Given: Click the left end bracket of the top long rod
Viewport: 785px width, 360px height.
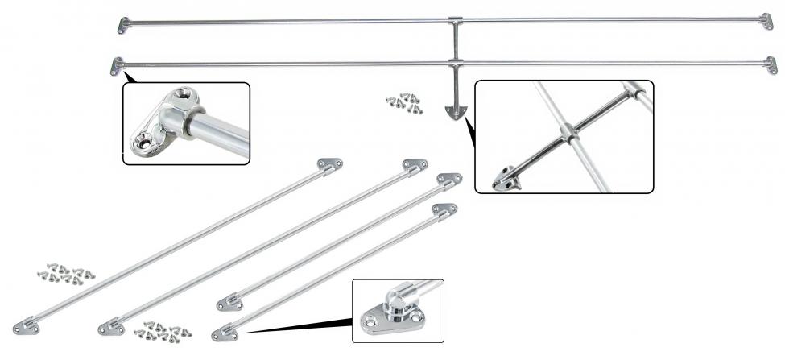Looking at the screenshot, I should (x=123, y=25).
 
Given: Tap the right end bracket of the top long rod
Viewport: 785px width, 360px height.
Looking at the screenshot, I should (x=767, y=21).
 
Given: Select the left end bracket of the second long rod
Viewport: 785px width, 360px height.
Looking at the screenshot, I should (x=117, y=66).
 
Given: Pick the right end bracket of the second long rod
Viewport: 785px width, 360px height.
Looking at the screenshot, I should (x=771, y=65).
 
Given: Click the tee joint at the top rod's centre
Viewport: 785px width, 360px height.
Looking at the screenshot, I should (x=455, y=20).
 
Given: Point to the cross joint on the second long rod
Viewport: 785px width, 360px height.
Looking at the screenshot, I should (x=455, y=62).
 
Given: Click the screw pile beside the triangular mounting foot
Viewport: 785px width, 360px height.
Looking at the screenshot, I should (x=404, y=101).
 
